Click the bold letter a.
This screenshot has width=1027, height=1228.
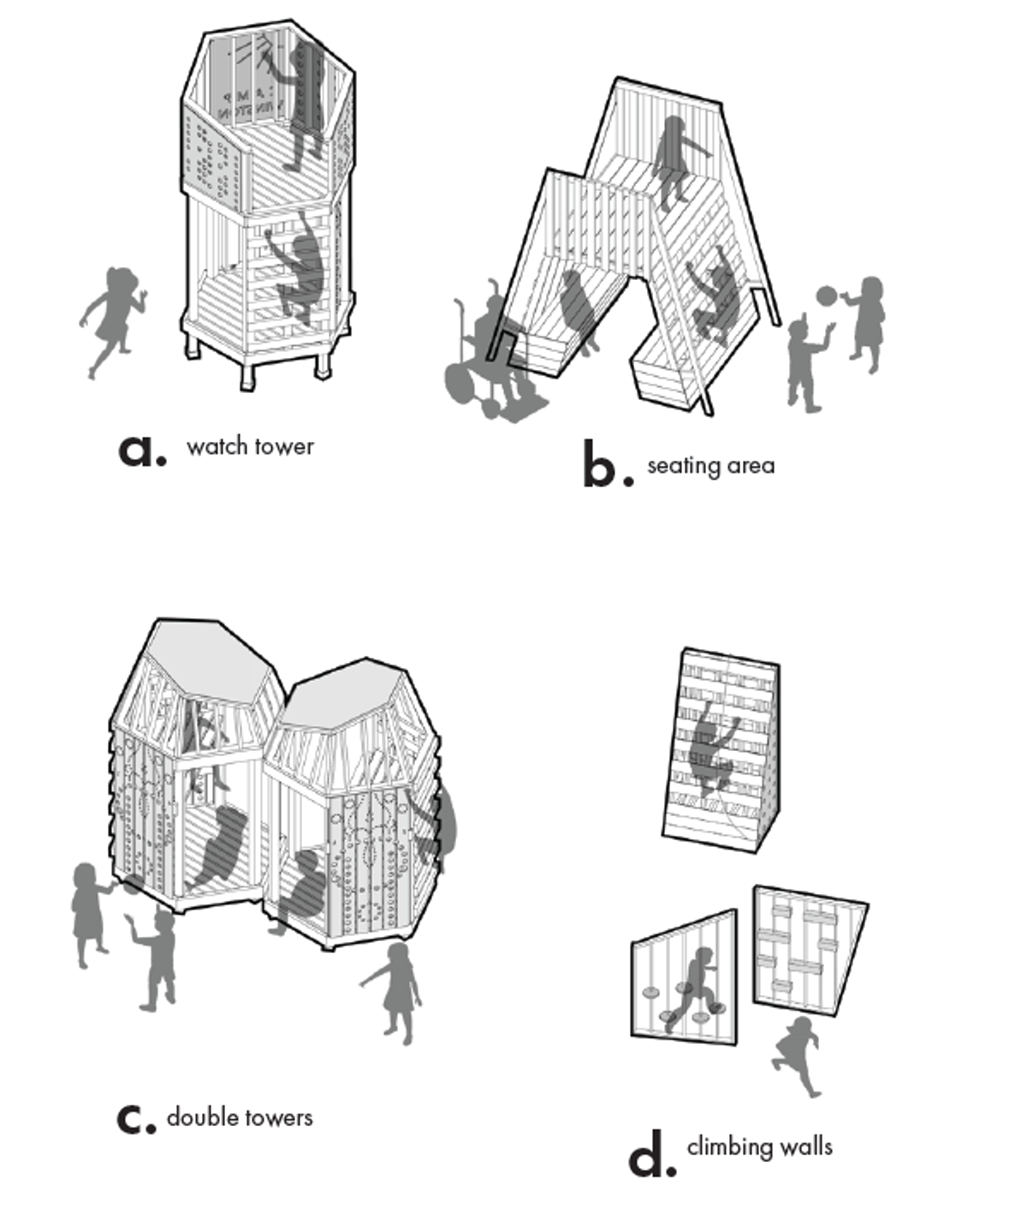[x=141, y=450]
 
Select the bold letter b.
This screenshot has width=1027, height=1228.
[x=607, y=466]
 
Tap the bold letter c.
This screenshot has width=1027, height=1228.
[x=136, y=1118]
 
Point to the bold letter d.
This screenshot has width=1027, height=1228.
[x=650, y=1154]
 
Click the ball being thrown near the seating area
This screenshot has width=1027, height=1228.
[x=828, y=296]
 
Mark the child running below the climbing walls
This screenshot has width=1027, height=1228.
[x=798, y=1053]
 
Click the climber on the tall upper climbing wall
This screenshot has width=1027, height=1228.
[x=710, y=745]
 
